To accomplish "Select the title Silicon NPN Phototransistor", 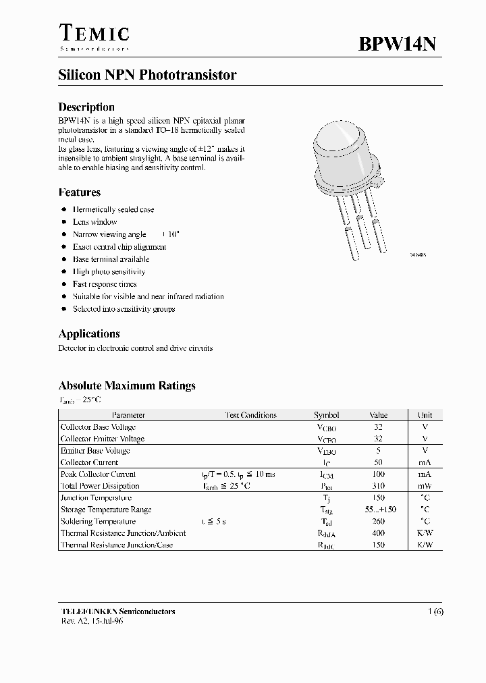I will click(147, 76).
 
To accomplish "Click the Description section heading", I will click(86, 107).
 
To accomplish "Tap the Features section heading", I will click(80, 192).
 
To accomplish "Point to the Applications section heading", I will click(89, 333).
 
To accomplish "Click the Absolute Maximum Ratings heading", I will click(127, 386).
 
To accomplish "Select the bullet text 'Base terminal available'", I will click(111, 259).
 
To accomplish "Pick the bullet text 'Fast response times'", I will click(105, 284).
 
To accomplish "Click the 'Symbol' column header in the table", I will click(327, 415).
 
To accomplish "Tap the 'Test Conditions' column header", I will click(250, 415).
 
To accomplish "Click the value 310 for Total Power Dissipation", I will click(378, 486).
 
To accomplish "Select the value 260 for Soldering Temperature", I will click(378, 522).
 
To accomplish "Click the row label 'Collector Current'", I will click(89, 462).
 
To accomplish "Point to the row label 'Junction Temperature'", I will click(97, 498).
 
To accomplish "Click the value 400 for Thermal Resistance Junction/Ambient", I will click(378, 533).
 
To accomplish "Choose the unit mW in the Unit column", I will click(424, 486).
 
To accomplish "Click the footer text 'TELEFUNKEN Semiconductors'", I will click(117, 611).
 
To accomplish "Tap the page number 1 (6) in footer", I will click(434, 611).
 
